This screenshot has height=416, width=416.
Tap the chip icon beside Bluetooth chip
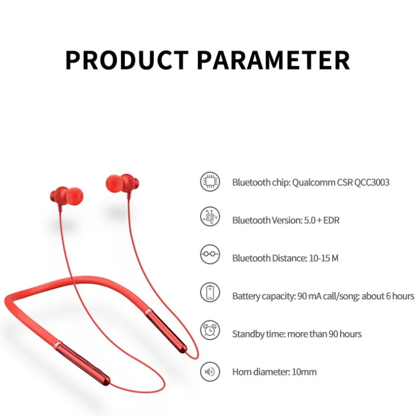(x=210, y=181)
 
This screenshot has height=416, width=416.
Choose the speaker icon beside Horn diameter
(x=210, y=371)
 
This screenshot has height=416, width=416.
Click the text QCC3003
(x=372, y=183)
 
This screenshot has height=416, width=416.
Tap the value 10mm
(x=304, y=372)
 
